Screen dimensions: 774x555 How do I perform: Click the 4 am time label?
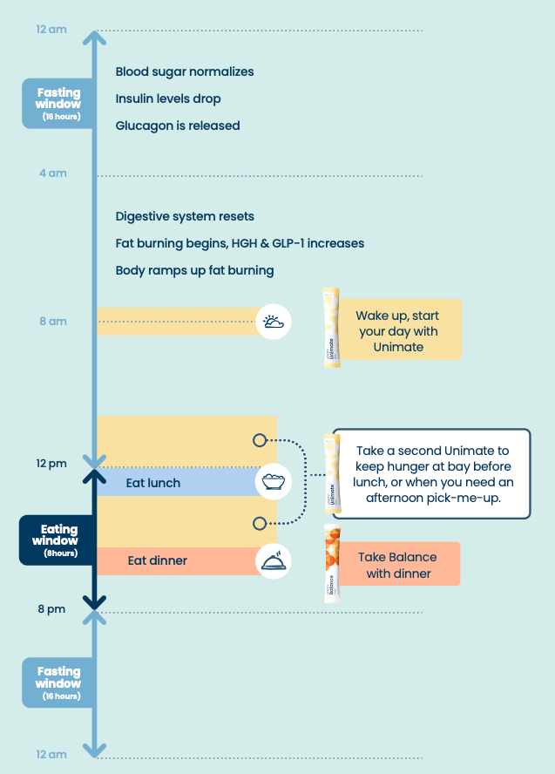coord(52,173)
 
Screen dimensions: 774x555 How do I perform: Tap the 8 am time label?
coord(52,322)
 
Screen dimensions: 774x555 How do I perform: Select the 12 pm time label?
coord(51,464)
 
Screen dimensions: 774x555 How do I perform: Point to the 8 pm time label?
coord(51,609)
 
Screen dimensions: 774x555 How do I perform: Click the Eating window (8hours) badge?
coord(59,540)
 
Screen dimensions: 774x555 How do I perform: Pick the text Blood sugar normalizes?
coord(185,71)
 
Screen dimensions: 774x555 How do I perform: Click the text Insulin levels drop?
coord(168,98)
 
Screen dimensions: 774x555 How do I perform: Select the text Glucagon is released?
coord(178,126)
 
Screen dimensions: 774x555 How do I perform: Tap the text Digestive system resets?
coord(185,216)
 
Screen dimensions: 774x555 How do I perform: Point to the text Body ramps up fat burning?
coord(194,270)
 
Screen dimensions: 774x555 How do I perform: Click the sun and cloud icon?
coord(274,322)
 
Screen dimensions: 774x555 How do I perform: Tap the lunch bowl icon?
coord(274,482)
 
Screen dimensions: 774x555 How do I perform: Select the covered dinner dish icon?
coord(274,560)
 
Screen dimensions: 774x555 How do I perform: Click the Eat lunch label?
coord(153,483)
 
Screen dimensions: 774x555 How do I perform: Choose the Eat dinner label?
coord(158,560)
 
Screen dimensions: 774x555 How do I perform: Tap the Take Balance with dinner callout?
coord(396,565)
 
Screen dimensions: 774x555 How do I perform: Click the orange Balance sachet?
coord(332,564)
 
